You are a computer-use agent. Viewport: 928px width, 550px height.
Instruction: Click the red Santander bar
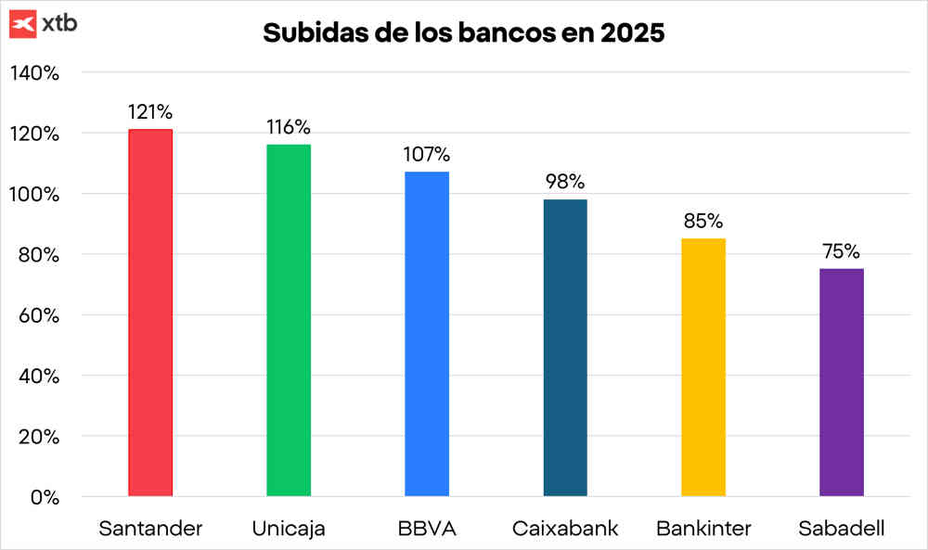[x=150, y=313]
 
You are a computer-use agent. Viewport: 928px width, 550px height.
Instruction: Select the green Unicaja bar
[x=289, y=320]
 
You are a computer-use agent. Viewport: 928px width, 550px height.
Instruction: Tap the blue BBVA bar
[x=427, y=334]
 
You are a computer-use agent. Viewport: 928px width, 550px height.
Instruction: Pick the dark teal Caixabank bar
[x=565, y=348]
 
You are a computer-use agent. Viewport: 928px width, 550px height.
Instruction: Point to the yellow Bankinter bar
[x=703, y=367]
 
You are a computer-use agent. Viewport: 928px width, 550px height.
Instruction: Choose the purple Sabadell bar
[x=842, y=382]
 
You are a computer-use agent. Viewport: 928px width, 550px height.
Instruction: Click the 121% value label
[x=150, y=112]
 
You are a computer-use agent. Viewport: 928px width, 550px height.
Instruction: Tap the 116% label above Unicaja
[x=289, y=127]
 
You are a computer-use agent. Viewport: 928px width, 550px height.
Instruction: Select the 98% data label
[x=565, y=182]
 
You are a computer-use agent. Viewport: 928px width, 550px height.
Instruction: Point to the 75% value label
[x=842, y=251]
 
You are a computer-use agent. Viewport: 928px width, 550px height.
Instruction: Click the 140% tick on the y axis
[x=35, y=72]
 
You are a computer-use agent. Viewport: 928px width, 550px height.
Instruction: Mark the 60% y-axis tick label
[x=39, y=315]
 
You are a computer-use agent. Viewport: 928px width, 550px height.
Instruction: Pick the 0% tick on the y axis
[x=44, y=497]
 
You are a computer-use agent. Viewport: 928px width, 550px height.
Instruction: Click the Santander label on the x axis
[x=150, y=530]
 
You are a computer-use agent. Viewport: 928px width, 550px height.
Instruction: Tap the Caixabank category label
[x=565, y=530]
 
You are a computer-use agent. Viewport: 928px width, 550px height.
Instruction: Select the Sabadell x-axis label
[x=842, y=530]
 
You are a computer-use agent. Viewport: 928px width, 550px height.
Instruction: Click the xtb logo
[x=43, y=24]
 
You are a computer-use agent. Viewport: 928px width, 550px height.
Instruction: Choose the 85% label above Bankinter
[x=703, y=222]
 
